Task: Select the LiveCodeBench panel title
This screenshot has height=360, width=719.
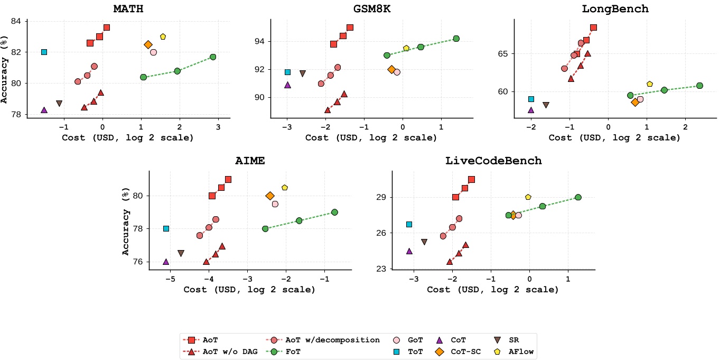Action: point(493,161)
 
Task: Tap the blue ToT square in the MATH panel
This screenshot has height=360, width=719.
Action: point(44,52)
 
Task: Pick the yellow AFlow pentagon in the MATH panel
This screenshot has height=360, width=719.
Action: point(163,36)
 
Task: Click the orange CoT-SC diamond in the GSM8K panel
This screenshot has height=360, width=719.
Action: point(391,69)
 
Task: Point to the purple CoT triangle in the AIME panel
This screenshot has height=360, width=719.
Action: point(166,262)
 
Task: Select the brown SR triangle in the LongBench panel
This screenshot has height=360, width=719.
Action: point(546,105)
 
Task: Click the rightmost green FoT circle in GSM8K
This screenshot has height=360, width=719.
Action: point(456,39)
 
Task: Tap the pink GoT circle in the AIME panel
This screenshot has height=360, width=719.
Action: point(275,204)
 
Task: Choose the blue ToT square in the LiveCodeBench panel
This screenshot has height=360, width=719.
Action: point(409,224)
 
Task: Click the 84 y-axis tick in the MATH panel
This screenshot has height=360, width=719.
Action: point(17,21)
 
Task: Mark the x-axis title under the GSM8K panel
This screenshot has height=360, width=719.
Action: point(371,137)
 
